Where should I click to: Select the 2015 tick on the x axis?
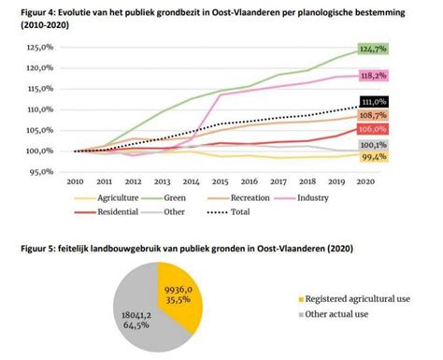[221, 183]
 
